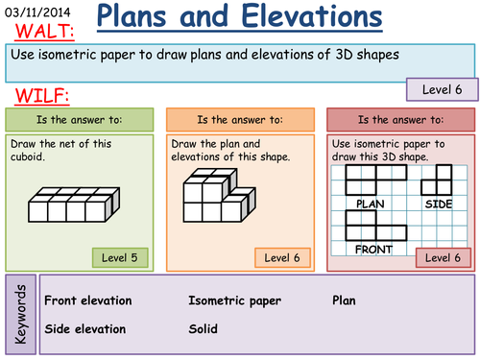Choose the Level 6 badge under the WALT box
click(441, 89)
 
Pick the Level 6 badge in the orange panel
click(282, 257)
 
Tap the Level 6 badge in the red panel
click(443, 257)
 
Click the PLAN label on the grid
click(370, 204)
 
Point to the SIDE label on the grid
click(438, 204)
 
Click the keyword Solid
click(203, 328)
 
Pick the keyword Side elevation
click(84, 328)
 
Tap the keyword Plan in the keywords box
click(345, 300)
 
